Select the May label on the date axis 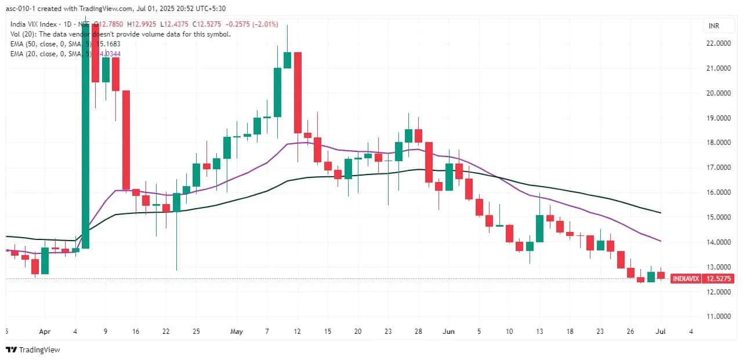tap(236, 332)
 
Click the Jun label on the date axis tap(448, 332)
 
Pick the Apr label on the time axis tap(45, 332)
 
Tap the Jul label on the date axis tap(661, 332)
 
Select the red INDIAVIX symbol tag tap(685, 279)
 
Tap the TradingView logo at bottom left tap(33, 350)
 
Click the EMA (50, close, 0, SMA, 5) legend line tap(55, 43)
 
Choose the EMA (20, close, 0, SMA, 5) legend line tap(55, 53)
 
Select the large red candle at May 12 tap(298, 93)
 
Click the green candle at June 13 tap(539, 228)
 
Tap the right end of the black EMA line tap(660, 213)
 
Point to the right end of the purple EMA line tap(660, 241)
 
